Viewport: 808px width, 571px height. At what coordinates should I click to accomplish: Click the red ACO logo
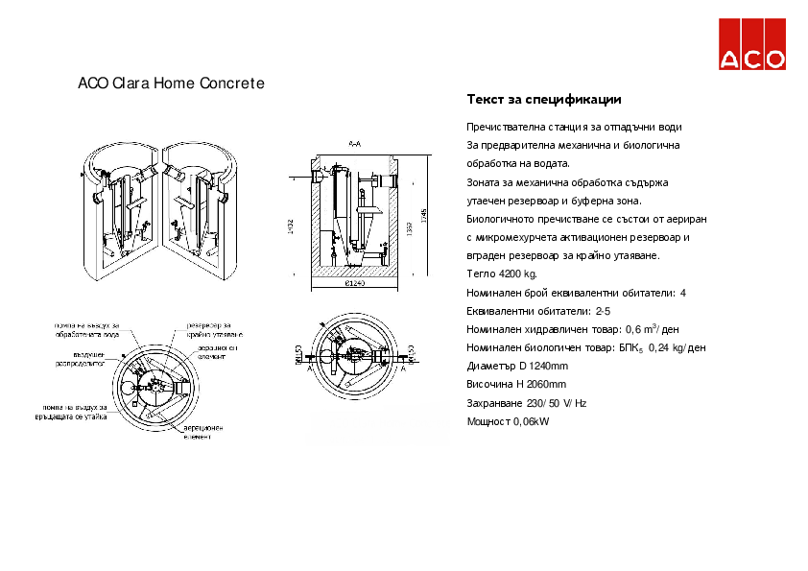(752, 44)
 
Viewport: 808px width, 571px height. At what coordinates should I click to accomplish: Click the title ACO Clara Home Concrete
(171, 83)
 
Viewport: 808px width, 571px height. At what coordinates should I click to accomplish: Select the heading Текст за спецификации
(543, 100)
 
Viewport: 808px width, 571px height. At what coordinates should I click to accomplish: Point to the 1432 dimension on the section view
(291, 226)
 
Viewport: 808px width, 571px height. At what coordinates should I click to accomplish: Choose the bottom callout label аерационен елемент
(203, 432)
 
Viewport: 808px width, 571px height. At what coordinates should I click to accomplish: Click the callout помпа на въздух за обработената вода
(86, 332)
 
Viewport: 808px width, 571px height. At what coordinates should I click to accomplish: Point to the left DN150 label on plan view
(298, 354)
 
